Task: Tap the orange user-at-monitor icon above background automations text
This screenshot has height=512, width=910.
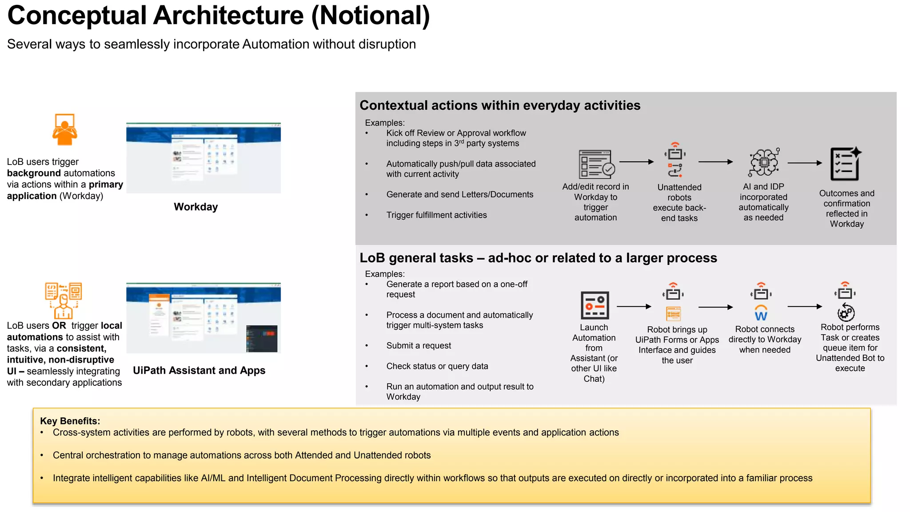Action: [x=64, y=129]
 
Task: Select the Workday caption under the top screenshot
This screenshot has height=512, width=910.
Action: [x=196, y=207]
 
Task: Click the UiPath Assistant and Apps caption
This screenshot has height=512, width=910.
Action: [x=199, y=370]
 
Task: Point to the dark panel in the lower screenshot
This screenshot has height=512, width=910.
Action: [x=262, y=338]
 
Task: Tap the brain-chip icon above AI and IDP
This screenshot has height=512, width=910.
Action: [x=764, y=162]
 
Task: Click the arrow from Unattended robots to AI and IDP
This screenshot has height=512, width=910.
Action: [x=715, y=162]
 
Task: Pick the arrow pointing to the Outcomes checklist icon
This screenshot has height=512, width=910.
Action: [x=805, y=163]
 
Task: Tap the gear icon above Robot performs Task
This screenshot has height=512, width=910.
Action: [x=846, y=312]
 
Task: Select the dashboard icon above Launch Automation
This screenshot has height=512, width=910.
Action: [x=595, y=305]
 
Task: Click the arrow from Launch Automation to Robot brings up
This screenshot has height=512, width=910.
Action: [x=634, y=306]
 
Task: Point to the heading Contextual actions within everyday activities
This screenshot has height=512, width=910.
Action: [x=500, y=105]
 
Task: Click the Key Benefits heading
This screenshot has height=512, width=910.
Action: [x=70, y=420]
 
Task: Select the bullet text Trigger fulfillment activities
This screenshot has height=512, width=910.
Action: [x=436, y=215]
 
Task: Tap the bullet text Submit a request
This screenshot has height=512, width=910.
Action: [x=419, y=345]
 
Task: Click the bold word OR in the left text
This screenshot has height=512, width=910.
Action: [x=59, y=325]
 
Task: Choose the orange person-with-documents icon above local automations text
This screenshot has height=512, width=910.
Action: [x=63, y=300]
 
